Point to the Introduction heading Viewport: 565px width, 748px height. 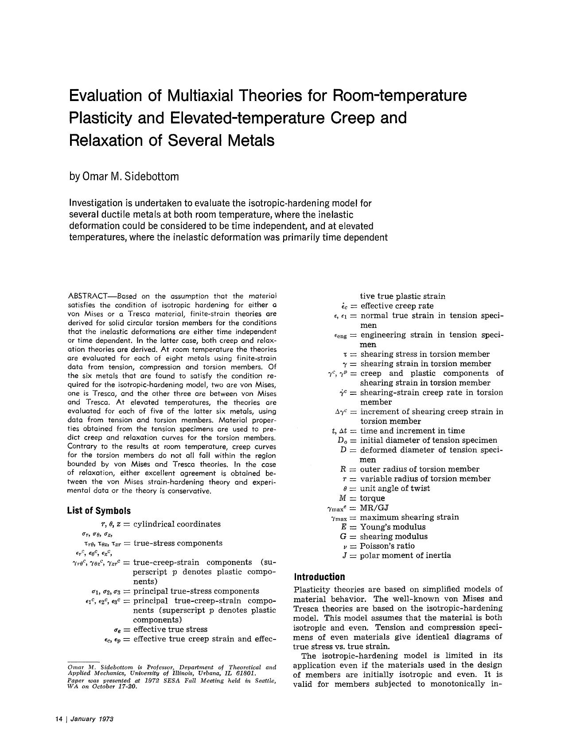tap(319, 577)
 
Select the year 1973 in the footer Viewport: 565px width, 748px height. tap(106, 719)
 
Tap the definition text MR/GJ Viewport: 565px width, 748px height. tap(374, 508)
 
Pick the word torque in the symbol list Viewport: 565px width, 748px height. tap(372, 498)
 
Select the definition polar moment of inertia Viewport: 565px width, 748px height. tap(405, 556)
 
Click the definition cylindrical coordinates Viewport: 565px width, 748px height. tap(177, 524)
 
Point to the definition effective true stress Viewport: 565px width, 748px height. tap(170, 629)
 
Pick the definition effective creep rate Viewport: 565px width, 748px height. tap(397, 306)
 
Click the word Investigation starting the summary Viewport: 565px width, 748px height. tap(96, 203)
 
